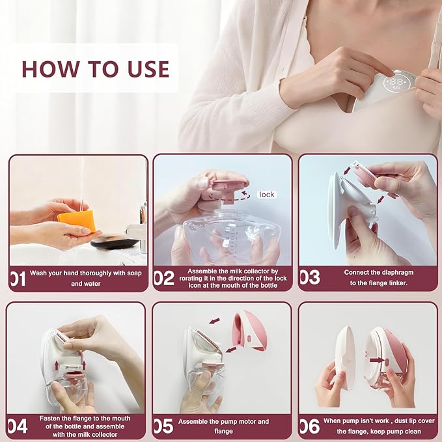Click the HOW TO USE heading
coord(96,69)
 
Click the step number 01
coord(18,279)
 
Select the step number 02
coord(163,279)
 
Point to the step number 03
coord(309,278)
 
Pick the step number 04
coord(18,426)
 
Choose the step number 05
coord(163,426)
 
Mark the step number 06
coord(309,426)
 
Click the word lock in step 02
coord(266,195)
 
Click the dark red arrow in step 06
coord(376,359)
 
